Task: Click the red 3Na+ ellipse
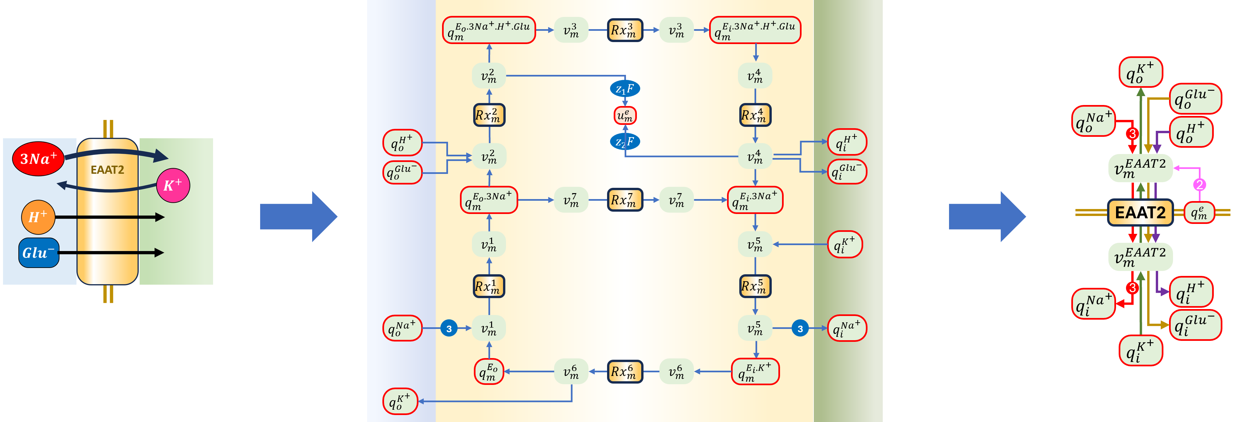(x=38, y=159)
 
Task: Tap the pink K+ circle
(x=173, y=185)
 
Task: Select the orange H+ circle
(x=38, y=217)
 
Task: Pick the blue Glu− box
(x=39, y=252)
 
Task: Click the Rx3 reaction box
(x=625, y=30)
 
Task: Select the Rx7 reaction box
(x=625, y=200)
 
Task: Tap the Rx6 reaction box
(x=625, y=372)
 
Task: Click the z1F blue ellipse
(x=625, y=89)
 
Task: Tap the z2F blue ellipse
(x=625, y=142)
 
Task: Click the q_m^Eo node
(x=489, y=372)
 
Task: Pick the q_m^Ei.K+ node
(x=755, y=372)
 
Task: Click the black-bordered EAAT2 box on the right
(x=1140, y=212)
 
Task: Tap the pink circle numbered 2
(x=1200, y=185)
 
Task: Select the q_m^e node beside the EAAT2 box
(x=1199, y=213)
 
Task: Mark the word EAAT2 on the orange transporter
(x=107, y=170)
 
